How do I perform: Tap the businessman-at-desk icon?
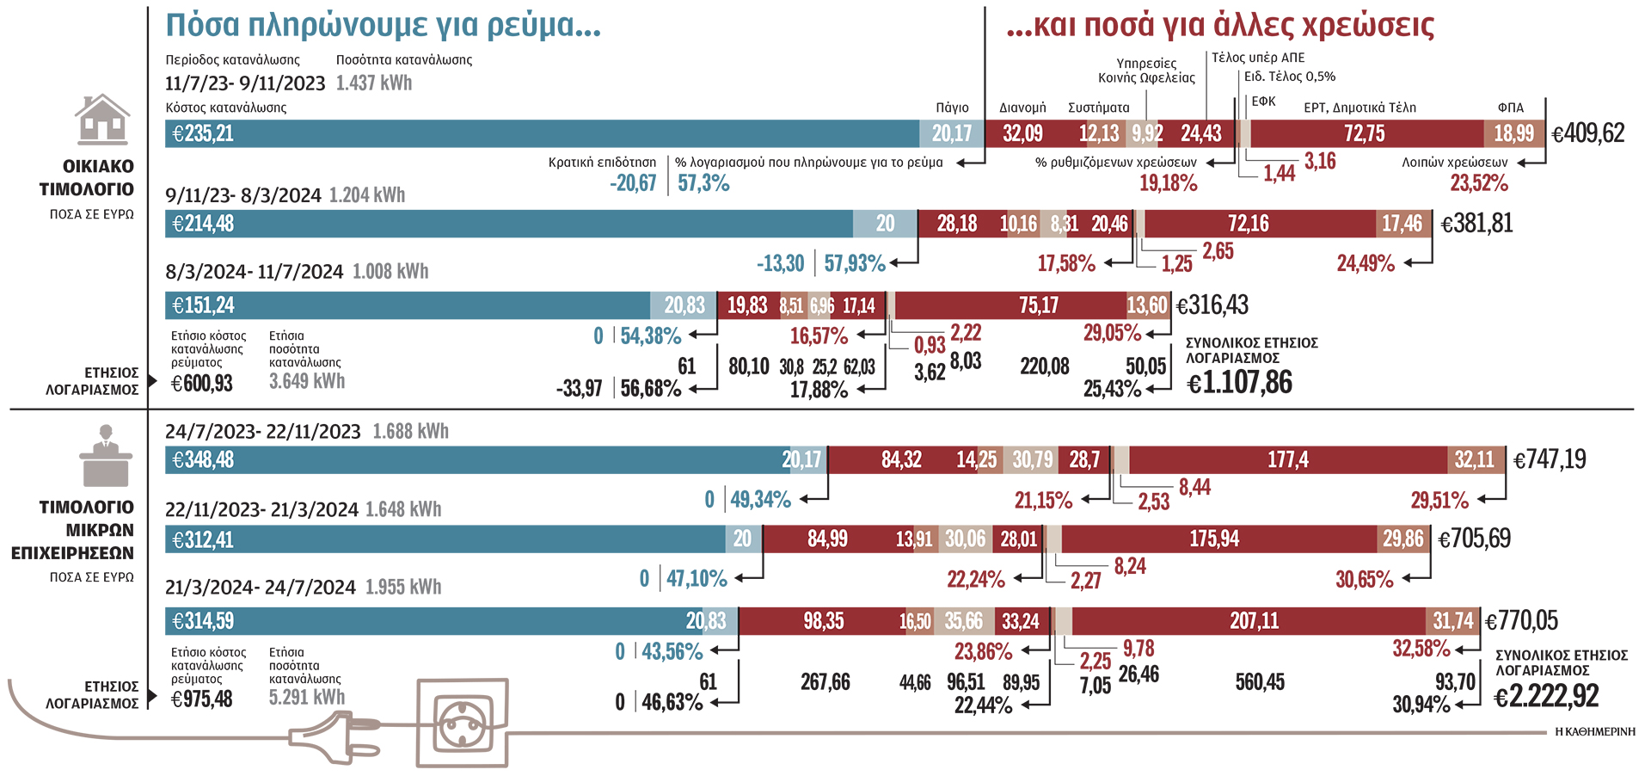click(x=106, y=456)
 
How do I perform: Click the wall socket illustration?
click(x=462, y=723)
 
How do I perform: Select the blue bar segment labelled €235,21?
click(x=542, y=133)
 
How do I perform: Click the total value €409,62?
click(x=1587, y=133)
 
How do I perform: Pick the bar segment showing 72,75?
click(x=1366, y=133)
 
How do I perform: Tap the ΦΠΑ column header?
click(x=1510, y=108)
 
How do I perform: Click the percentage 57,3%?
click(x=703, y=182)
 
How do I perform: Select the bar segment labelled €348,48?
click(x=473, y=460)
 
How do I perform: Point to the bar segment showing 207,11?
click(x=1253, y=621)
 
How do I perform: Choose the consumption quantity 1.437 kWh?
click(x=373, y=83)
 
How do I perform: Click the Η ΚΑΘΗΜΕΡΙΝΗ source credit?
click(x=1595, y=731)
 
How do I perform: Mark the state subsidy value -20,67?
click(x=633, y=182)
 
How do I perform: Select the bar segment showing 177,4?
click(x=1287, y=460)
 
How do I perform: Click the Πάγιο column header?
click(x=952, y=108)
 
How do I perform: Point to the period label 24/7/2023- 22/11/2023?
click(x=262, y=431)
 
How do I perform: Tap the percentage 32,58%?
click(x=1421, y=648)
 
